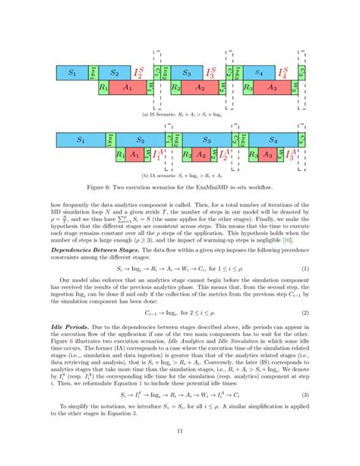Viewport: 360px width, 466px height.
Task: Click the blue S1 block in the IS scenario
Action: coord(72,73)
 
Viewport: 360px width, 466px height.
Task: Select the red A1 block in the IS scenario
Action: coord(128,88)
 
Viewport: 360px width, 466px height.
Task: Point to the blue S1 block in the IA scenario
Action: coord(80,140)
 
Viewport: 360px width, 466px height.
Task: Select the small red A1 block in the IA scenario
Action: coord(134,155)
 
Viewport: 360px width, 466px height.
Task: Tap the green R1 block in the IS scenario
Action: coord(103,88)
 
